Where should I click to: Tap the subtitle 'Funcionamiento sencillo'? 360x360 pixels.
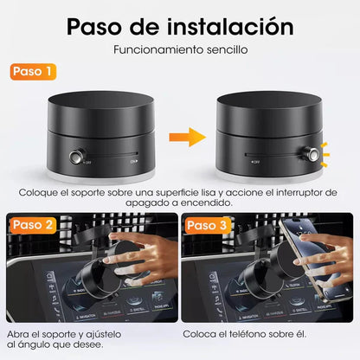click(180, 50)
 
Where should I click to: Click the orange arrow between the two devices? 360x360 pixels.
click(179, 136)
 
